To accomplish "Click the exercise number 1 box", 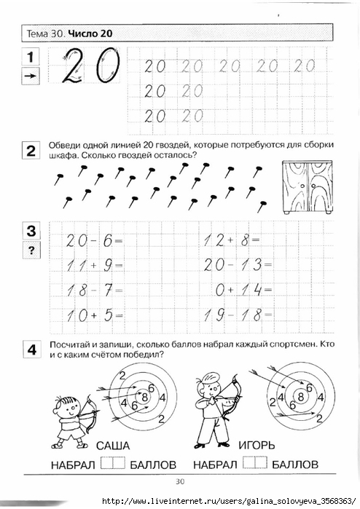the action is point(31,57).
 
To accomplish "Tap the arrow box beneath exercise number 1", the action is point(31,76).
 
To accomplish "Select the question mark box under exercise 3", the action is point(31,250).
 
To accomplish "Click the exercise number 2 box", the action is point(31,151).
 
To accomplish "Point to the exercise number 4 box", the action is point(32,350).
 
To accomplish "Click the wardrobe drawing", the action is point(308,187).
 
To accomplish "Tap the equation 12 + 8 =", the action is point(232,240).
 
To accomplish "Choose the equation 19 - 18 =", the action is point(237,315).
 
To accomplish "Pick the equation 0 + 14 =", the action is point(243,290).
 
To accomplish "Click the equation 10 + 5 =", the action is point(94,315).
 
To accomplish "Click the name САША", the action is point(113,446).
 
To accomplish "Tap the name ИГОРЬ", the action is point(257,445).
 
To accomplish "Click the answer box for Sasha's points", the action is point(113,463).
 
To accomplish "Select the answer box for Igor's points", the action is point(255,462).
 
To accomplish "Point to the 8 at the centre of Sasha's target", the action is point(144,397).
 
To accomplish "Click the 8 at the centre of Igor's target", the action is point(301,396).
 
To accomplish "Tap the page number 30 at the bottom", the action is point(180,481).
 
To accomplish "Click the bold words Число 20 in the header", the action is point(90,33).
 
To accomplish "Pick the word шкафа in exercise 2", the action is point(63,156).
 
